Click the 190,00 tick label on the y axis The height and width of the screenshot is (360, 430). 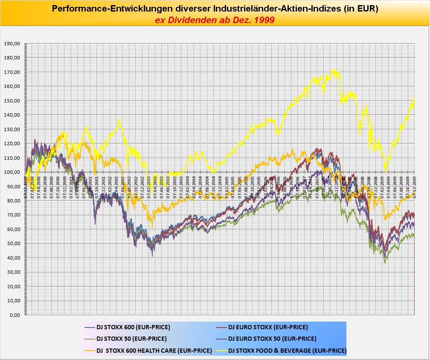click(12, 44)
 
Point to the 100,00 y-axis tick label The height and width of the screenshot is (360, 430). click(12, 172)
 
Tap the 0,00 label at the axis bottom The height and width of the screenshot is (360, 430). click(14, 315)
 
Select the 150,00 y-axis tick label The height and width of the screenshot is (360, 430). click(12, 101)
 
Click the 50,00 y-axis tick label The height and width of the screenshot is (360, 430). click(13, 244)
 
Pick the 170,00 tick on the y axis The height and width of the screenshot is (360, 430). click(12, 72)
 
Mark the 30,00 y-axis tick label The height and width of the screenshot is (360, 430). click(13, 272)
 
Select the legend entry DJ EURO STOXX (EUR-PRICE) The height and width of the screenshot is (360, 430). click(268, 328)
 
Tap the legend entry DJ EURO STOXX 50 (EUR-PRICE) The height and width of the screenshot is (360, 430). click(272, 339)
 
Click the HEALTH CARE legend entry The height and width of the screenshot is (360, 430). click(154, 351)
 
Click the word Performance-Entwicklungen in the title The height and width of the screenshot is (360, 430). click(111, 8)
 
